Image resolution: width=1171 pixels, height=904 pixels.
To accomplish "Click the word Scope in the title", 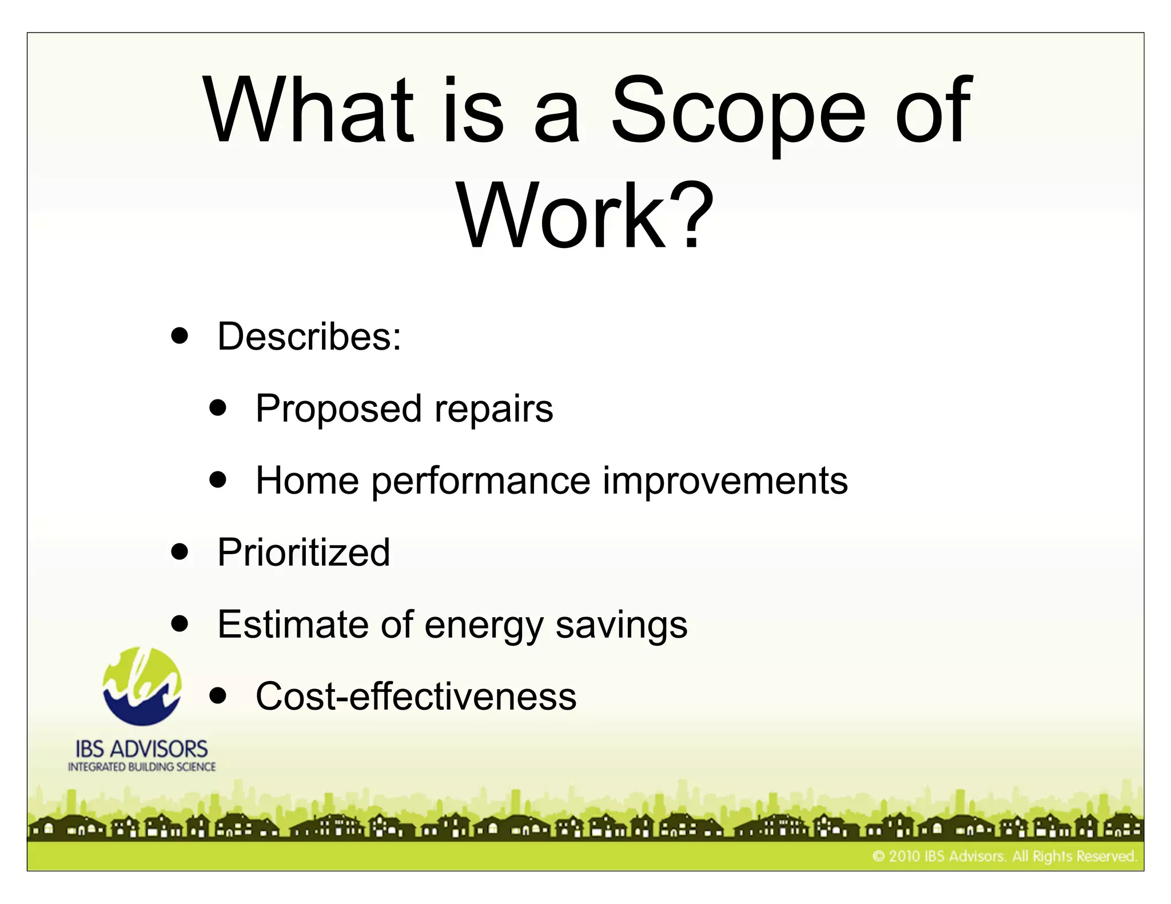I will tap(738, 111).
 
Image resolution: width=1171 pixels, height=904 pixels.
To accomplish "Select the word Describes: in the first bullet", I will tap(309, 337).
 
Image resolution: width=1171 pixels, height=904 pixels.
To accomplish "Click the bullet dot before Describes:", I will tap(180, 336).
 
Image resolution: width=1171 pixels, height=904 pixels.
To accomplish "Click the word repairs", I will tap(493, 410).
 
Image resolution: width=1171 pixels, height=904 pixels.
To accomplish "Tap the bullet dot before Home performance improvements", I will tap(218, 479).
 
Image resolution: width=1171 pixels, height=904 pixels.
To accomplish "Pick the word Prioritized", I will tap(304, 553).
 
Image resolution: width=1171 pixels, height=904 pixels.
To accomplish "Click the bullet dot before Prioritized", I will tap(180, 551).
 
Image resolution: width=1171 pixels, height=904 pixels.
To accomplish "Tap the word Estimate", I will tap(293, 624).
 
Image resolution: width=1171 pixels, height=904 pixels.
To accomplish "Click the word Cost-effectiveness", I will tap(416, 697).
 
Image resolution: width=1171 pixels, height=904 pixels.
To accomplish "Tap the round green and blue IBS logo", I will tap(142, 686).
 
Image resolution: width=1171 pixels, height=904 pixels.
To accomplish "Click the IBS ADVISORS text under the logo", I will tap(142, 749).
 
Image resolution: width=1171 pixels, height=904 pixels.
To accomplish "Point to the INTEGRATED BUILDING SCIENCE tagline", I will tap(142, 767).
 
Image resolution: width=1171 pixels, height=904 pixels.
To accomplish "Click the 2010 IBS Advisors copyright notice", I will tap(1004, 856).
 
